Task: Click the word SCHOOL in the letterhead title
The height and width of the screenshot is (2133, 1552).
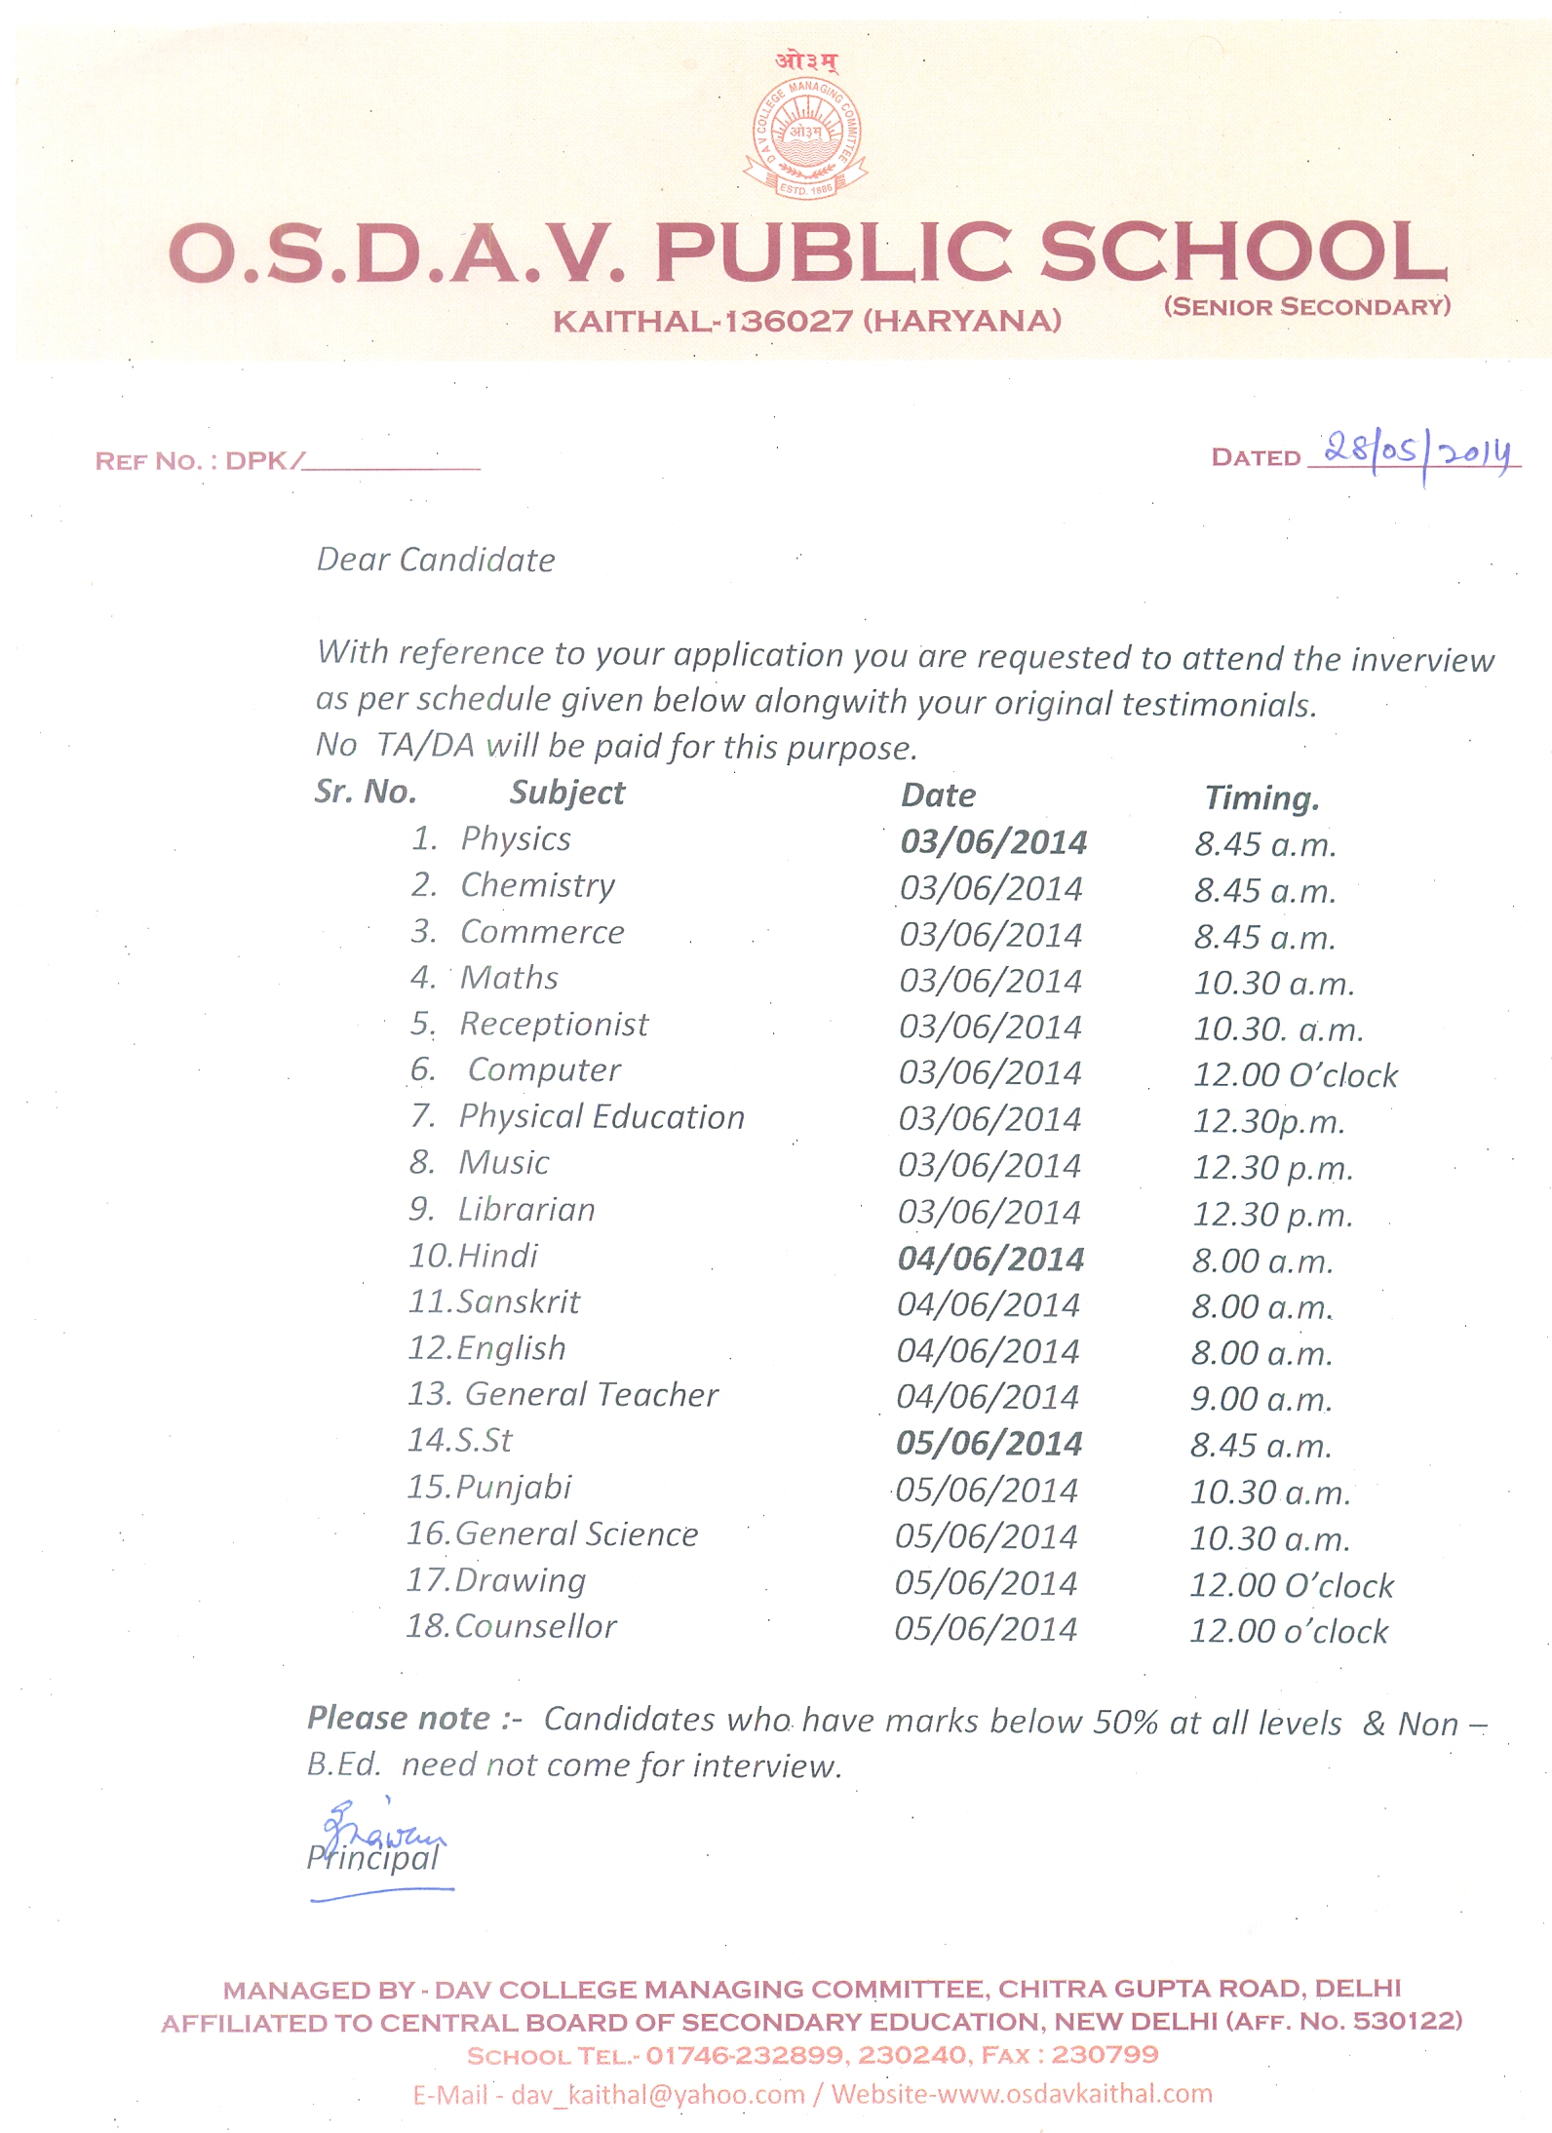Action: [1243, 252]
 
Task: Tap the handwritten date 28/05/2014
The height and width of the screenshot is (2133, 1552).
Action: [1418, 452]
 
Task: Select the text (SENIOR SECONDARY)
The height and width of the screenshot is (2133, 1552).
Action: [1306, 307]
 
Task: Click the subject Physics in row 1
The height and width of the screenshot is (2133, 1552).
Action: [516, 838]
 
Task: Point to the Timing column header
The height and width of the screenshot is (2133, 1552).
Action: [1261, 797]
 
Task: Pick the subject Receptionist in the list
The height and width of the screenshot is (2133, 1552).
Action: [554, 1024]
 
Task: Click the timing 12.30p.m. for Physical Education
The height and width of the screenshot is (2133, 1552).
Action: [1268, 1121]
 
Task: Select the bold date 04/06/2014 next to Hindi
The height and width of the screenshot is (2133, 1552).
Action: [990, 1259]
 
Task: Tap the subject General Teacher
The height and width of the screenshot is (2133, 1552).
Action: [591, 1394]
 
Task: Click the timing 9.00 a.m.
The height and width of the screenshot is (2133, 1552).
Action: [1261, 1399]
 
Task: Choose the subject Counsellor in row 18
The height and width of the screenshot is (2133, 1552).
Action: [535, 1626]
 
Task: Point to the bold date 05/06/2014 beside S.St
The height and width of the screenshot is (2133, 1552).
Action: [989, 1444]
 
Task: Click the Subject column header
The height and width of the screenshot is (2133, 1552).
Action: [566, 793]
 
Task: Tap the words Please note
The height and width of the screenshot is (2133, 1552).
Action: [400, 1718]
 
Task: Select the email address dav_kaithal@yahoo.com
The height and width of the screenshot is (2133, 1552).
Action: [658, 2094]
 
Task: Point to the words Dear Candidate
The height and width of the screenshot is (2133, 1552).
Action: [436, 560]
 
